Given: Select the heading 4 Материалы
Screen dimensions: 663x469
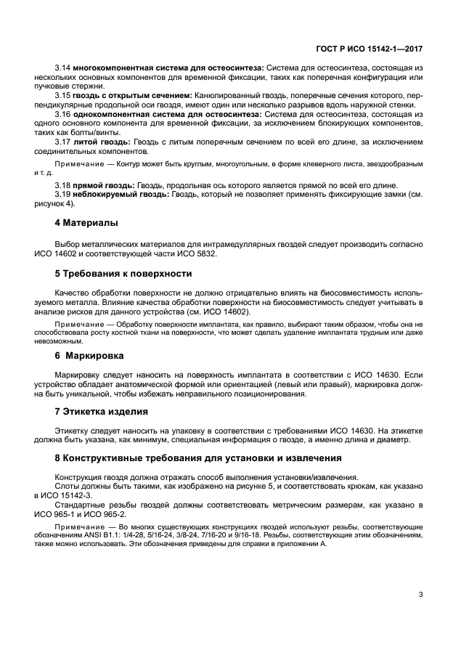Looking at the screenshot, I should (86, 221).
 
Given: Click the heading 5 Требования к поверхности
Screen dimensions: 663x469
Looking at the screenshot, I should (123, 273).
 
